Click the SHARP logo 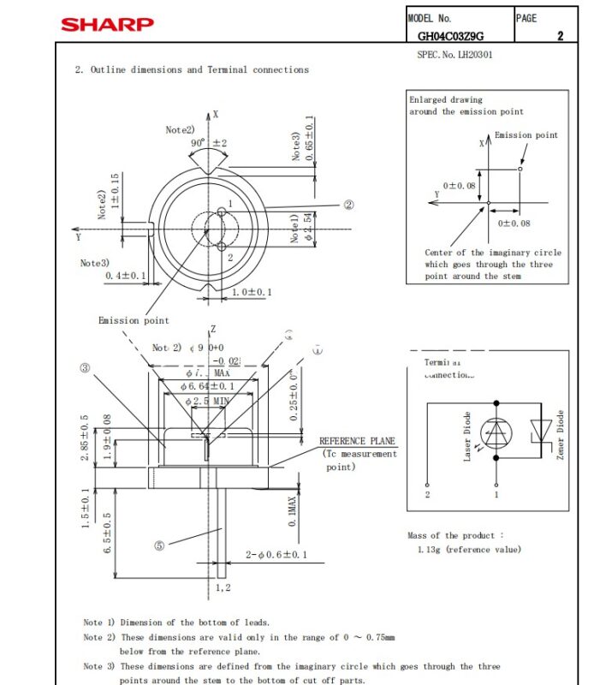(x=107, y=23)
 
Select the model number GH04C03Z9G (x=450, y=36)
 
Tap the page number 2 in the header (x=560, y=36)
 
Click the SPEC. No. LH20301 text (x=454, y=55)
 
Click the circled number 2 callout (x=348, y=205)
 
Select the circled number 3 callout (x=85, y=368)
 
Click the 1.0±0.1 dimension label (x=252, y=293)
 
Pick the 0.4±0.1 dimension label (x=126, y=276)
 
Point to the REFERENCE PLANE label (x=357, y=441)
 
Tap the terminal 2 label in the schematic (x=427, y=495)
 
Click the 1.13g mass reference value (x=468, y=550)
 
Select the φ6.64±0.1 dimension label (x=208, y=387)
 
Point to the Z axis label (x=213, y=330)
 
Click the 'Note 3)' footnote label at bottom (x=98, y=666)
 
